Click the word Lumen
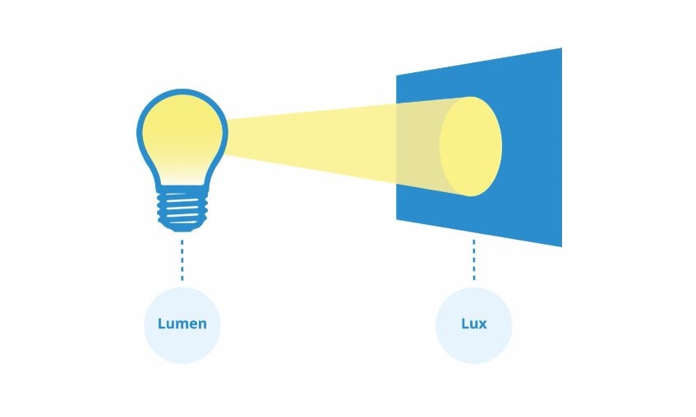(x=182, y=323)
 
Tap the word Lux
(x=474, y=323)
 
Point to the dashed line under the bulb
(x=182, y=260)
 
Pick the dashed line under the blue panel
(x=474, y=260)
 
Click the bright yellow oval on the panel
(x=471, y=146)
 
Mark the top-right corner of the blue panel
(x=562, y=48)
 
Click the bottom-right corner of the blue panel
(x=562, y=246)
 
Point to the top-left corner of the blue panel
(x=396, y=75)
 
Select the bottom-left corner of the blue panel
(x=396, y=219)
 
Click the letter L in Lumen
(x=162, y=323)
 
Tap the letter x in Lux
(x=482, y=325)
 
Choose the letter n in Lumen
(x=202, y=325)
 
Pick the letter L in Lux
(x=466, y=323)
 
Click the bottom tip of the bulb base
(x=182, y=231)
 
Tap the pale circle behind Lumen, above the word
(x=182, y=301)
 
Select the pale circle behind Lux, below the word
(x=474, y=348)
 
